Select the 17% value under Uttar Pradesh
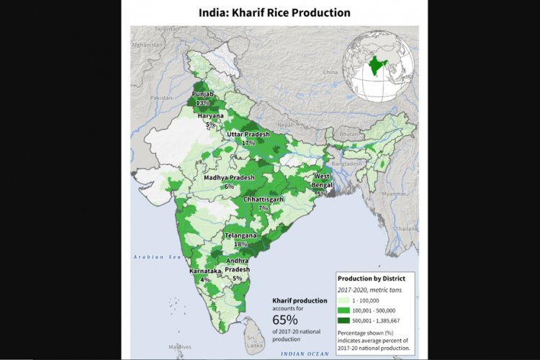(x=248, y=143)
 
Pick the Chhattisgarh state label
(x=263, y=199)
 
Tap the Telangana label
(x=241, y=235)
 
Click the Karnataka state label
(x=204, y=271)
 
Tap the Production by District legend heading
(x=372, y=278)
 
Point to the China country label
(x=330, y=72)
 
